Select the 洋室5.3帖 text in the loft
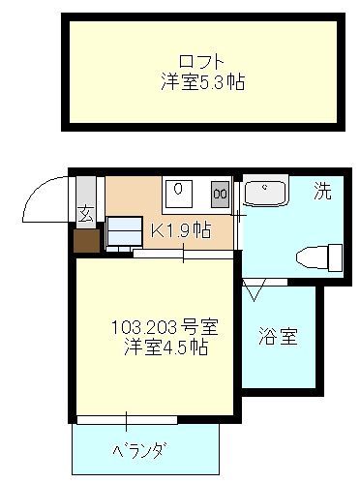202,82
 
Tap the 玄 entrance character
85,215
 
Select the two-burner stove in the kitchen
221,193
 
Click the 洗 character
321,191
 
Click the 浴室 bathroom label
277,338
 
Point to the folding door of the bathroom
256,287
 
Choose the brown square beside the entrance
85,239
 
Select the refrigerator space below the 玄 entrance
123,233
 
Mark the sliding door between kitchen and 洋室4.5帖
184,255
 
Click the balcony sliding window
126,420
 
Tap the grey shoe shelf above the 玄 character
85,192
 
